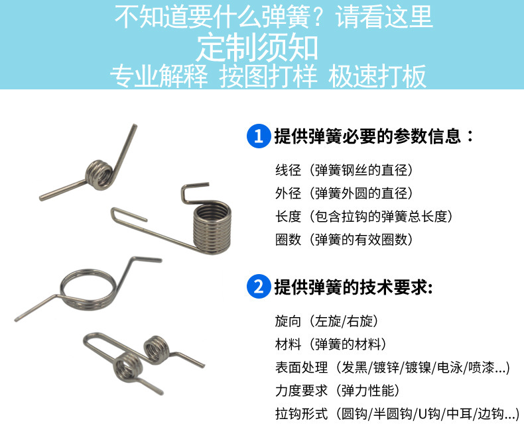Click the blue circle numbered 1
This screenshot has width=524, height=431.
tap(257, 137)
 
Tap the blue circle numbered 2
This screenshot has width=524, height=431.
tap(257, 287)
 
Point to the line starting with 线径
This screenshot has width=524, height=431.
tap(344, 170)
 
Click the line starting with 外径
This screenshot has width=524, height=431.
tap(344, 193)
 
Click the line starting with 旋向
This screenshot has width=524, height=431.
tap(326, 322)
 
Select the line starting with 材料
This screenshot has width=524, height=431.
tap(330, 344)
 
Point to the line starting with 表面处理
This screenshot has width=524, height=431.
tap(392, 367)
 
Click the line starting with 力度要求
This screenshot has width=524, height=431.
tap(337, 391)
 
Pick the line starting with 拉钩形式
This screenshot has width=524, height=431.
tap(397, 414)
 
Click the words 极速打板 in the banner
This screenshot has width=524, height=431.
tap(377, 77)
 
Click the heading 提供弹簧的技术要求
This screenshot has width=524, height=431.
tap(353, 287)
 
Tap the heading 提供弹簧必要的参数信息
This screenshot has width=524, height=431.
tap(374, 137)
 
